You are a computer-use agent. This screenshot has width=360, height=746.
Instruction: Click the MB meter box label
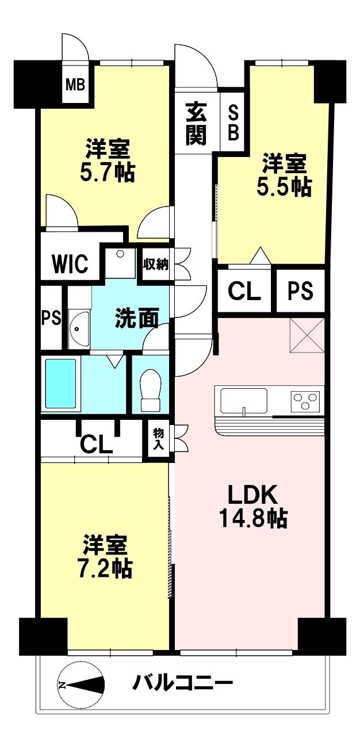point(75,86)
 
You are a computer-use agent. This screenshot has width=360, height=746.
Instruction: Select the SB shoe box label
point(233,122)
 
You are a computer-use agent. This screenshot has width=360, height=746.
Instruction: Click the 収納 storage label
point(155,265)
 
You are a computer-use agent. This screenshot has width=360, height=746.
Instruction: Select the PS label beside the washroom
point(51,318)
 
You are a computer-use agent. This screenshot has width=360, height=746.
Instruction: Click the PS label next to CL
point(300,292)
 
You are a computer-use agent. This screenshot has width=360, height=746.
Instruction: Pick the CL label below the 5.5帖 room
point(244,292)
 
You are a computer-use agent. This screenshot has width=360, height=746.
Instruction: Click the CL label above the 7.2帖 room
point(96,444)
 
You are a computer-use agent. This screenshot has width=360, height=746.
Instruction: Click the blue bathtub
point(60,384)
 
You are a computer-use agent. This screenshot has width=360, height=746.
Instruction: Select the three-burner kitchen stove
point(305,400)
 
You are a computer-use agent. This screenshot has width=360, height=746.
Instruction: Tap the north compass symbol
point(81,684)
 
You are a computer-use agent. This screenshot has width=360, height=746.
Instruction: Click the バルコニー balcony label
point(183,684)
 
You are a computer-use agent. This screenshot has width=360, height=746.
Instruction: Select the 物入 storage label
point(158,440)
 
